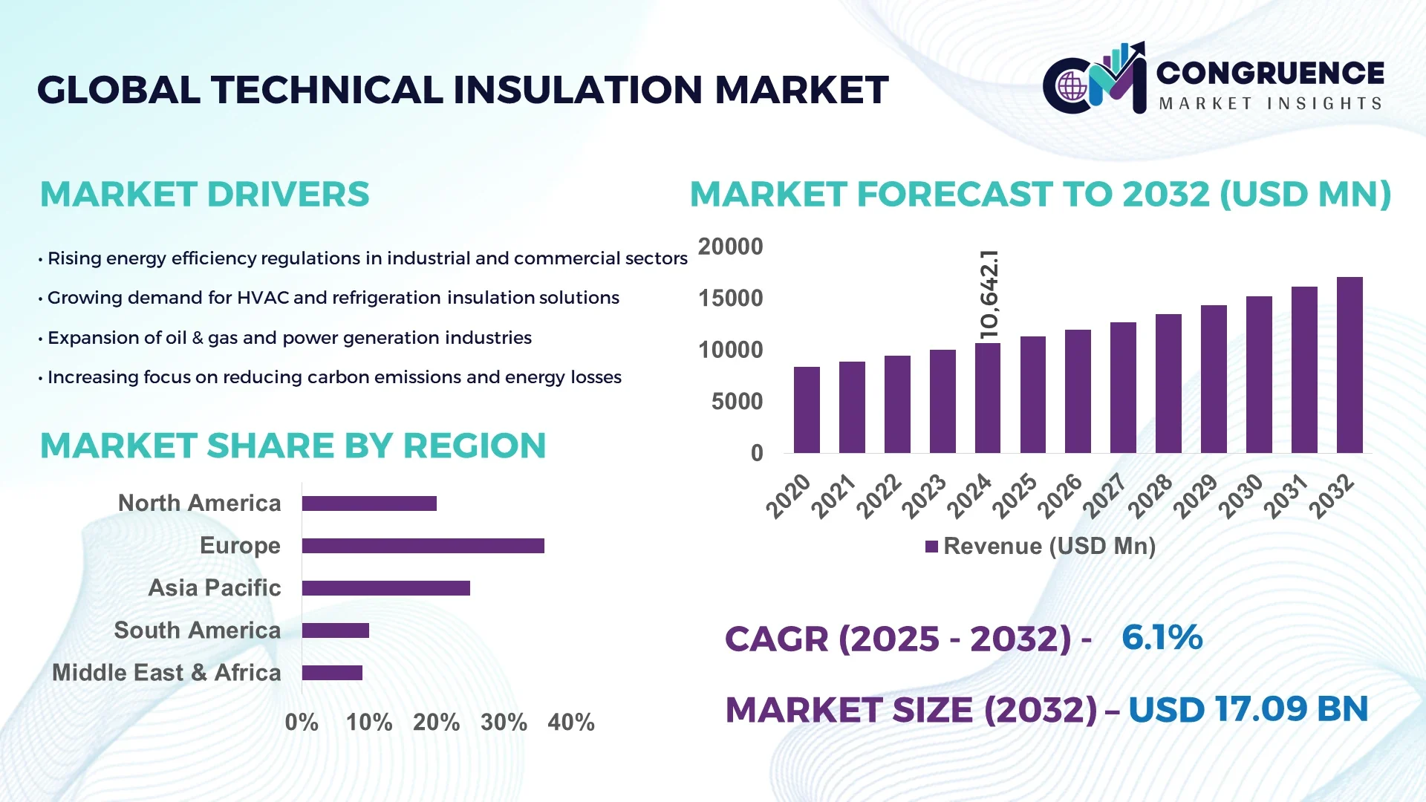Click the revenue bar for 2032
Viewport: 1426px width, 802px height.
1350,365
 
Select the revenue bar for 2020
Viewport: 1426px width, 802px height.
807,410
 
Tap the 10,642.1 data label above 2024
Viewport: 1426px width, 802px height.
989,295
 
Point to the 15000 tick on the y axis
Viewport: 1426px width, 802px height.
730,299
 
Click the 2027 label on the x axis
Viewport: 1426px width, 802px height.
1104,496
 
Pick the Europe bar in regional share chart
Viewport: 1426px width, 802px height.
423,546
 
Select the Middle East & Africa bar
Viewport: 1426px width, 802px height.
332,673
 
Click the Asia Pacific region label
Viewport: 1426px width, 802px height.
215,588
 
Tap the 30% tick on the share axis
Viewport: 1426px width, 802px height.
504,723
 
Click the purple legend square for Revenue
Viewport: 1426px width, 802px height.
931,547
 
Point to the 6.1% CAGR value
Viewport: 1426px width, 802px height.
1162,638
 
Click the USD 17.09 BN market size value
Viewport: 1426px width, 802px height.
1248,710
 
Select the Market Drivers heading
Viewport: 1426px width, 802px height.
204,195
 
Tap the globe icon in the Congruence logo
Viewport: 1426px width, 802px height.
1072,87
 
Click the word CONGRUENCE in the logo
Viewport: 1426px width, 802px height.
1270,73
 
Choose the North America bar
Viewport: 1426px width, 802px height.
369,503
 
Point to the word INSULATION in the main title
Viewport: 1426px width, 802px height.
577,90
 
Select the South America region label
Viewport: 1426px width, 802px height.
198,630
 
